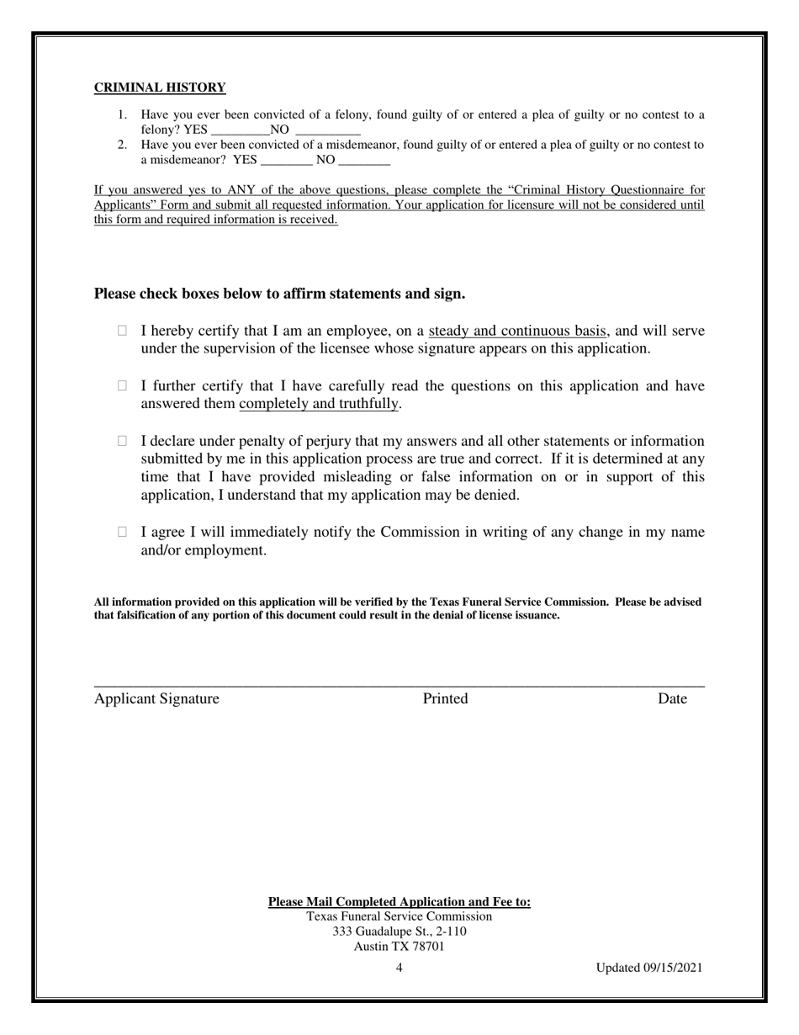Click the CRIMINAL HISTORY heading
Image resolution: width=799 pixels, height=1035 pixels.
(160, 88)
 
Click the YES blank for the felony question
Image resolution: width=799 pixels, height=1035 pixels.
(239, 130)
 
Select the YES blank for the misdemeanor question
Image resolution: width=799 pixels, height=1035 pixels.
(287, 160)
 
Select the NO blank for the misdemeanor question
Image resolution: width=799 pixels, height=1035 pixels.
(364, 160)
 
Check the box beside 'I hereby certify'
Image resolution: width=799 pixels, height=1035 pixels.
(123, 332)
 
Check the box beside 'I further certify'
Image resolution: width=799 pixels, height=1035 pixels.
(123, 386)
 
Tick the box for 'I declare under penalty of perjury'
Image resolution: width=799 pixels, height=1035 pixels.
(123, 441)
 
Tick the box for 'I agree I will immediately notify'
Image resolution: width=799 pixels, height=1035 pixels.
(123, 532)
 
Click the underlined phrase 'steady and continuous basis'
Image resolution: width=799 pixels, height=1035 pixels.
(517, 331)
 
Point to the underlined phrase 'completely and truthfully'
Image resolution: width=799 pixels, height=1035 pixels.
(319, 404)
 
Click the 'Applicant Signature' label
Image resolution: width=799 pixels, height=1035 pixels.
(156, 698)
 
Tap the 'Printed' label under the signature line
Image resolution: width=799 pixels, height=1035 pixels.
(445, 698)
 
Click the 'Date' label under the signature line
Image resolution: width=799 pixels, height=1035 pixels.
(672, 698)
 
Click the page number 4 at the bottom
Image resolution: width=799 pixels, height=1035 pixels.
(399, 968)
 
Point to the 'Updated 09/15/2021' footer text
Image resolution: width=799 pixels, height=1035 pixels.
(649, 968)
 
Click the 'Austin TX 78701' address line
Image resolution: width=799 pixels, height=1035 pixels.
(399, 946)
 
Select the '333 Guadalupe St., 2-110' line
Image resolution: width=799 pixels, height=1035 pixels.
(399, 931)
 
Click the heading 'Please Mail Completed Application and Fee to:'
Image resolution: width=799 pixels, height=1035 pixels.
(399, 902)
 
